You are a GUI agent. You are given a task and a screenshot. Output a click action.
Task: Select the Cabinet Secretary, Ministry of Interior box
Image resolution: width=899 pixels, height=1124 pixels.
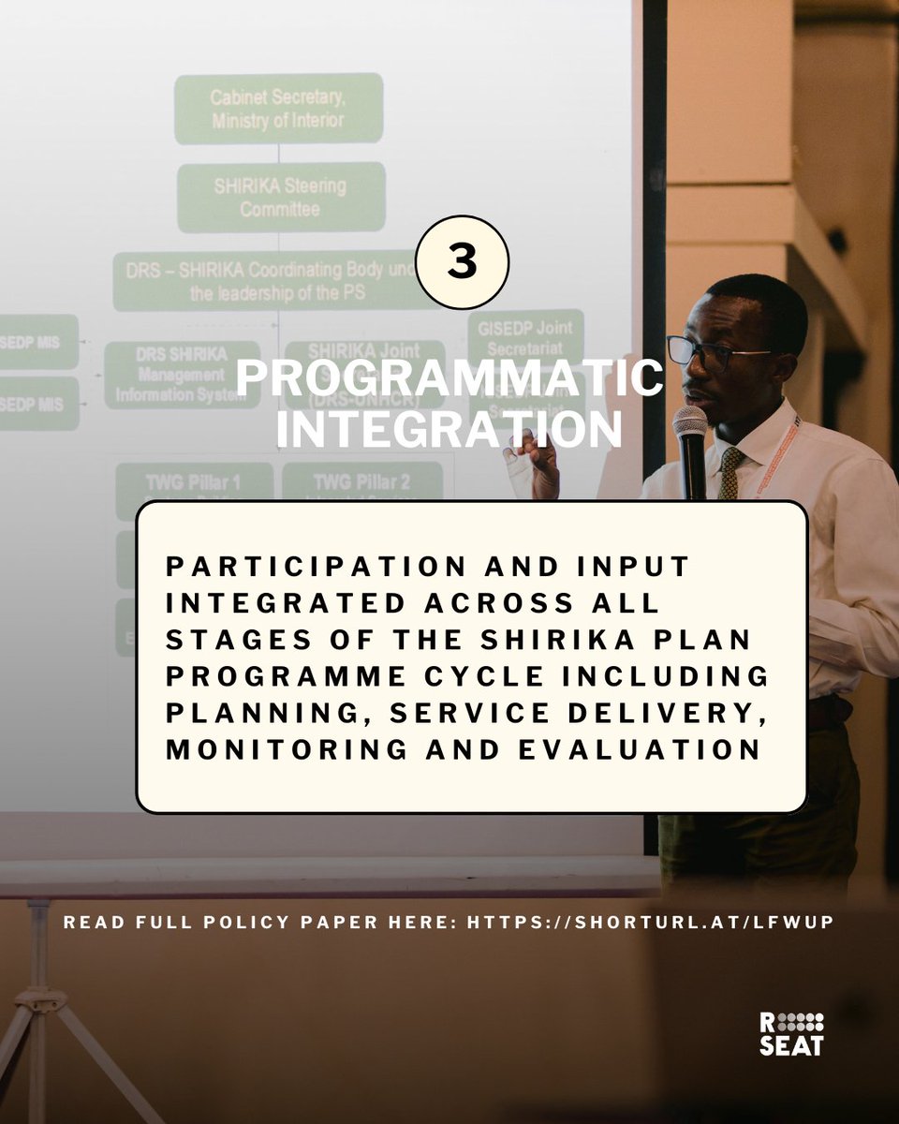pyautogui.click(x=278, y=109)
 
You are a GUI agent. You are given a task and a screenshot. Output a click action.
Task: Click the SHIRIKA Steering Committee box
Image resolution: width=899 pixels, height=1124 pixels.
pyautogui.click(x=280, y=197)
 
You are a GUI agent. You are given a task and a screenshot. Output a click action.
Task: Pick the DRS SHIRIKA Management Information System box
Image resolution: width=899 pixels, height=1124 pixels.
pyautogui.click(x=182, y=374)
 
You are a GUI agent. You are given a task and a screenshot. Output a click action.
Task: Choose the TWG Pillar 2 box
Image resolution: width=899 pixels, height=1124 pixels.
pyautogui.click(x=361, y=482)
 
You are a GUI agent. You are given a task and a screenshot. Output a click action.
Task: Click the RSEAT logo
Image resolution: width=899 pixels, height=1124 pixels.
pyautogui.click(x=790, y=1033)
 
